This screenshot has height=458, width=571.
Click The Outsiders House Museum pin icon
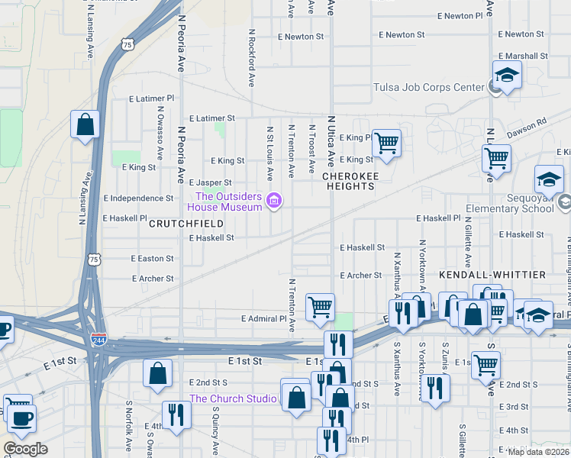(274, 202)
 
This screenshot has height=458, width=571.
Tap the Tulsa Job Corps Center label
(428, 87)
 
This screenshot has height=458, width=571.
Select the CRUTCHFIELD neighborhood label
(185, 224)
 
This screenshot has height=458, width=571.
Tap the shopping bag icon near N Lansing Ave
(85, 123)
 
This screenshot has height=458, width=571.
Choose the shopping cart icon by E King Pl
(387, 142)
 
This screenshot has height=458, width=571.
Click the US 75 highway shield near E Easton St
(93, 260)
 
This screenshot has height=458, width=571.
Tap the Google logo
(24, 449)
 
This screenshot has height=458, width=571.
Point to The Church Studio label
(233, 398)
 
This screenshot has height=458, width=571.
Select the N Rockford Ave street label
(250, 58)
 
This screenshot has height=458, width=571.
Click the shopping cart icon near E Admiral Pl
(321, 307)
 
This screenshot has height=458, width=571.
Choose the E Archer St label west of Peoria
(152, 279)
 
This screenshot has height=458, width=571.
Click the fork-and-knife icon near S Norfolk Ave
(176, 414)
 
